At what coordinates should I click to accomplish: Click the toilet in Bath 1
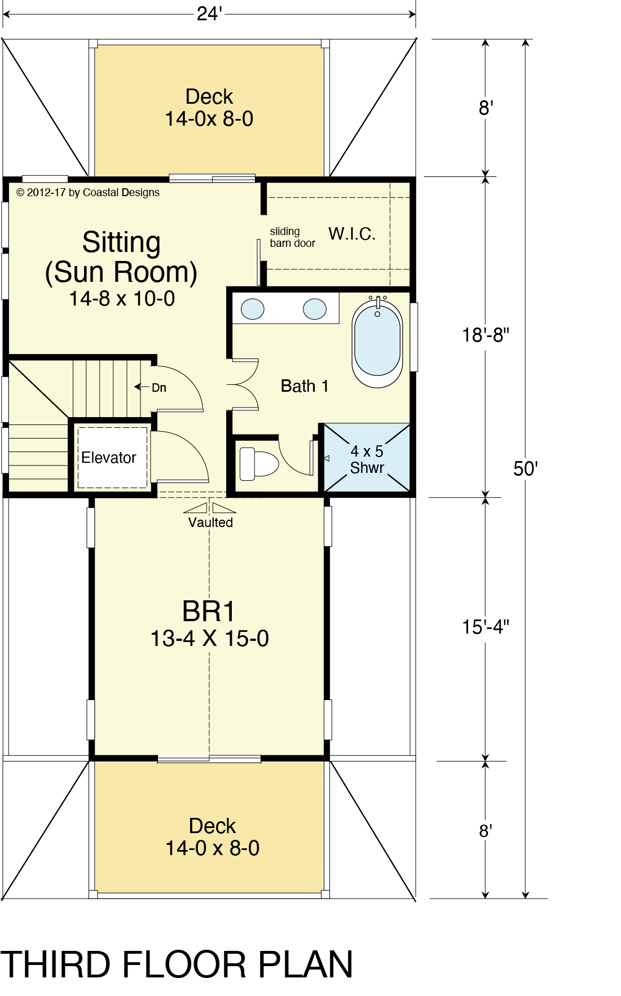pos(259,463)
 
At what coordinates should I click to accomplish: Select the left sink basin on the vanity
pos(253,309)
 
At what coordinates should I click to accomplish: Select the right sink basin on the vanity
pos(315,309)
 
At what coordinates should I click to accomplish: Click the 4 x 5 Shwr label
pos(367,459)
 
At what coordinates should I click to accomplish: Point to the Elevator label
pos(109,458)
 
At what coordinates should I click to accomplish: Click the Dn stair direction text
pos(159,388)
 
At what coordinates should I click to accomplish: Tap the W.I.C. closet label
pos(352,234)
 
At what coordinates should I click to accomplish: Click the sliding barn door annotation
pos(292,237)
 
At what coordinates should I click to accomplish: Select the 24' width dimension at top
pos(209,14)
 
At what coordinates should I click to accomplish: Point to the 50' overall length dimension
pos(526,469)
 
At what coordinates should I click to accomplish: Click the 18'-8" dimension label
pos(486,335)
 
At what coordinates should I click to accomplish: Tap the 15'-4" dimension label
pos(486,627)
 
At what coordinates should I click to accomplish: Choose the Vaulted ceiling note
pos(210,523)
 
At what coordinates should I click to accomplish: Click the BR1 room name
pos(208,611)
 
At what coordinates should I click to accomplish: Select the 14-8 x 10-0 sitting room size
pos(122,299)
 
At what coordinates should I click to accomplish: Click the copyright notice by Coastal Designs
pos(88,193)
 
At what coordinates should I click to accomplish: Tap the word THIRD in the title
pos(55,964)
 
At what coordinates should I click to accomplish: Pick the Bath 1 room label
pos(305,386)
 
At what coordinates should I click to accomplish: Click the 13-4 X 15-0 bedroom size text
pos(209,639)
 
